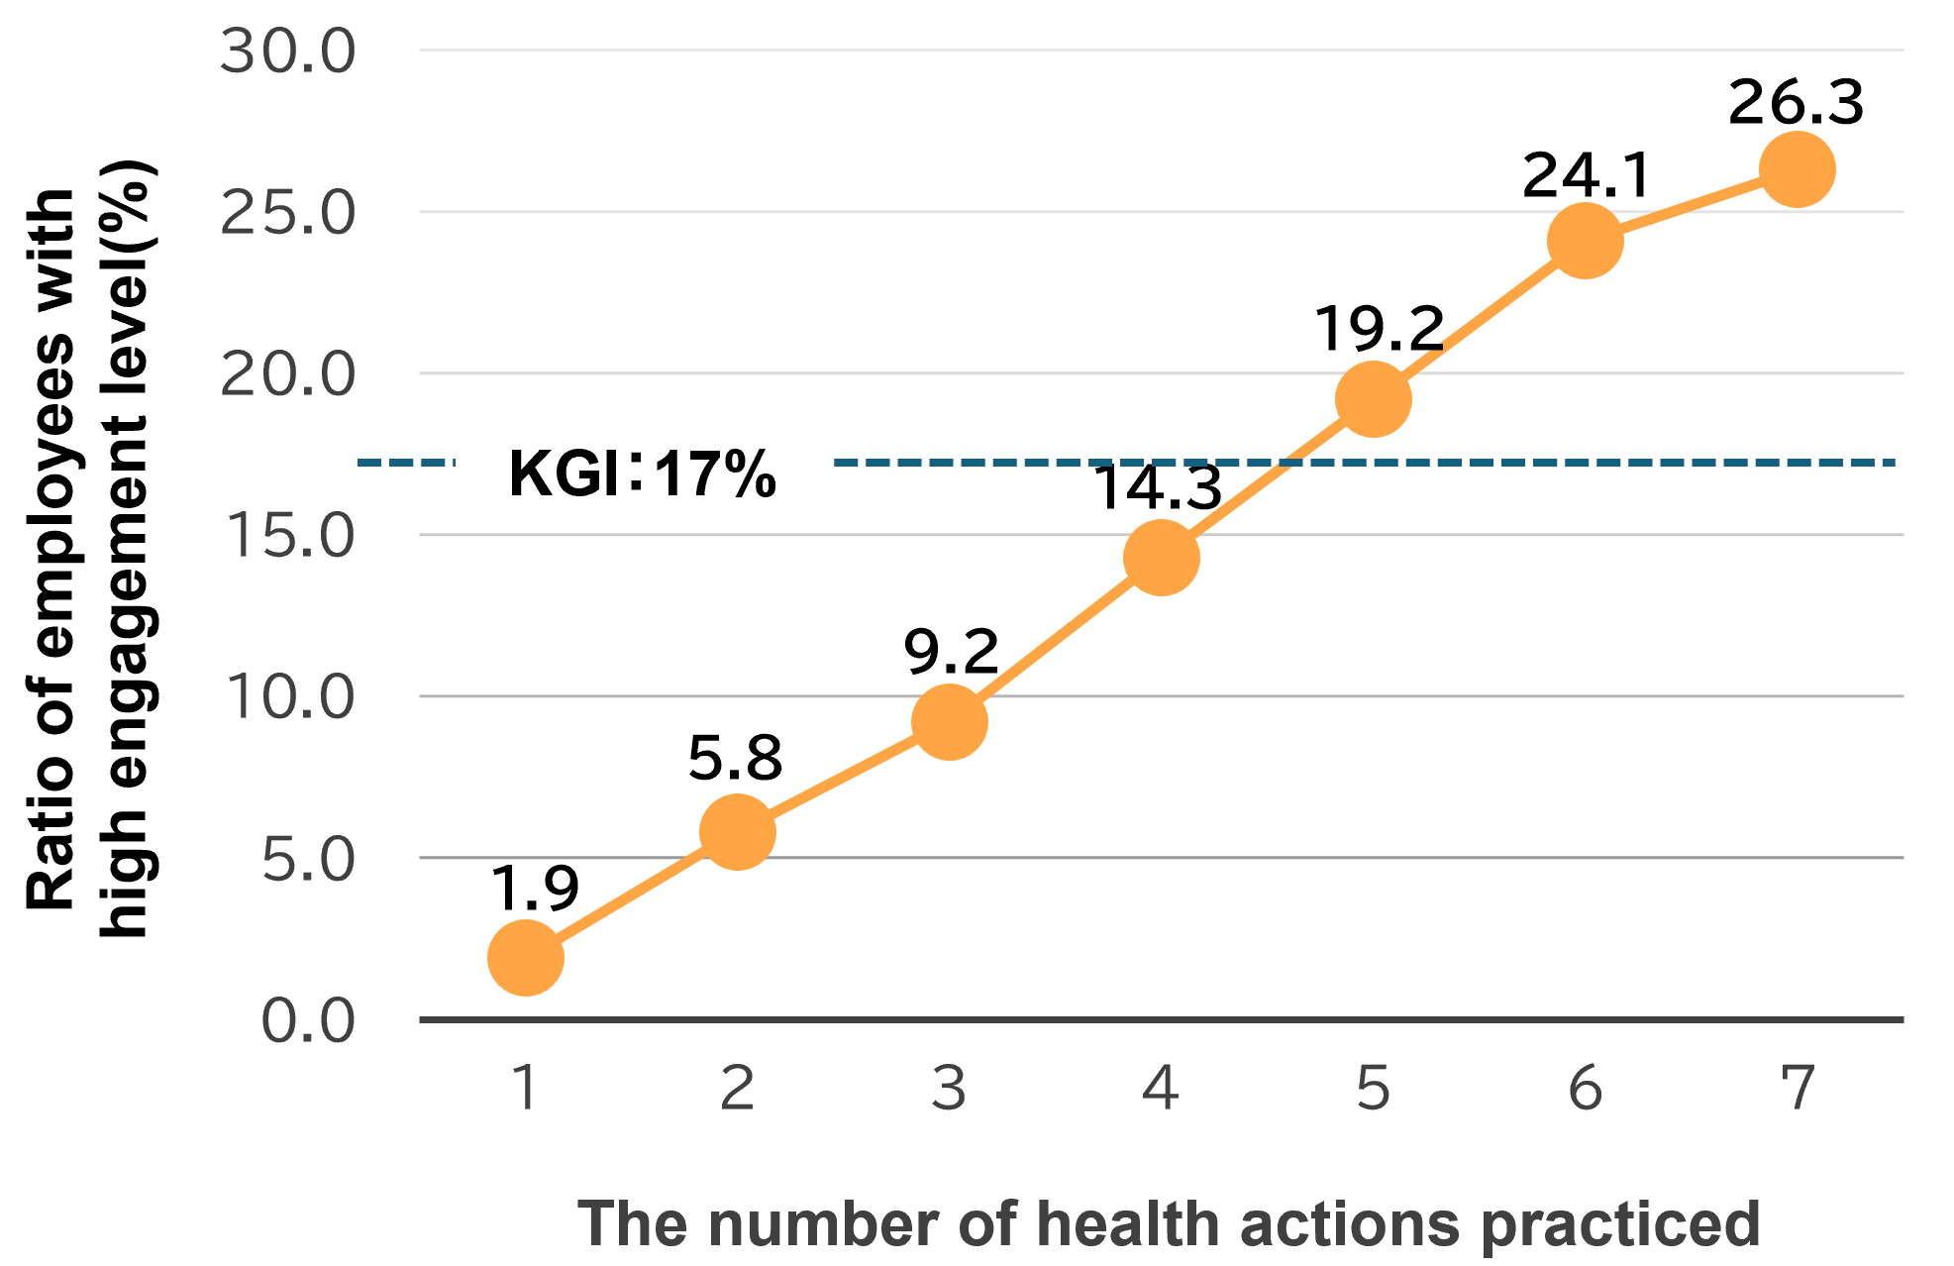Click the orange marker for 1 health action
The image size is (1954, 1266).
pos(526,957)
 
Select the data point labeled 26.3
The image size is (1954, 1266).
pos(1797,169)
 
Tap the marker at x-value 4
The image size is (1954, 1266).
pos(1162,558)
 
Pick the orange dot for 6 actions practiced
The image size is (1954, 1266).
pos(1585,241)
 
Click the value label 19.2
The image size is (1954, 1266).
pos(1379,329)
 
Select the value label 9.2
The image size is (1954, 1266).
pos(951,652)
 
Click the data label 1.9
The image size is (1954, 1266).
pos(535,888)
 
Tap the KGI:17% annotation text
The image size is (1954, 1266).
pos(642,474)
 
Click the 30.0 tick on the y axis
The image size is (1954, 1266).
pos(287,52)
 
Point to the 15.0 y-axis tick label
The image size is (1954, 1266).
pos(287,536)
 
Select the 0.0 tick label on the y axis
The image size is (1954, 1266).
pos(307,1020)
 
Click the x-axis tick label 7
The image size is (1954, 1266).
pos(1797,1088)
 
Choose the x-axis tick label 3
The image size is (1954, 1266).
pos(949,1088)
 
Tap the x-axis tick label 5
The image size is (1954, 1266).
pos(1373,1088)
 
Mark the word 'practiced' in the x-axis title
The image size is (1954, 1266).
pos(1620,1225)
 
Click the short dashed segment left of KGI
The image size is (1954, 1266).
pos(405,463)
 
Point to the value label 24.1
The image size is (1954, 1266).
pos(1586,175)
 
